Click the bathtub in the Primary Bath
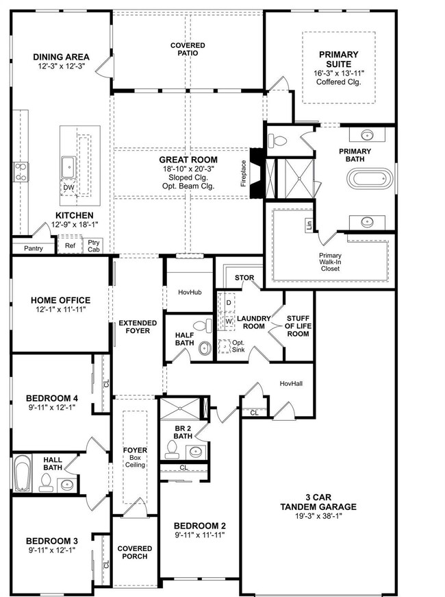tap(370, 179)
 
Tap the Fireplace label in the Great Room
tap(244, 173)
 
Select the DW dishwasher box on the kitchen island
tap(68, 188)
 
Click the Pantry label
tap(34, 248)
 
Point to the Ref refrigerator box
tap(70, 245)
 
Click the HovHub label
tap(190, 293)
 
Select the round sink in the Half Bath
tap(205, 348)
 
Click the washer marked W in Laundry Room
tap(229, 321)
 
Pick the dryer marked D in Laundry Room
tap(229, 303)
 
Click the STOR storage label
tap(244, 278)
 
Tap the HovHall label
tap(291, 383)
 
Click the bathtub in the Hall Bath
tap(22, 472)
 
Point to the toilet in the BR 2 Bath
tap(172, 450)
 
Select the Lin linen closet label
tap(309, 225)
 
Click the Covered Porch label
tap(135, 552)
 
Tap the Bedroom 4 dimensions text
tap(52, 407)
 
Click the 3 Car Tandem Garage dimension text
tap(318, 516)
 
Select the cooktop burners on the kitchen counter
tap(21, 172)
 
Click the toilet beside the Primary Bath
tap(277, 141)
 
